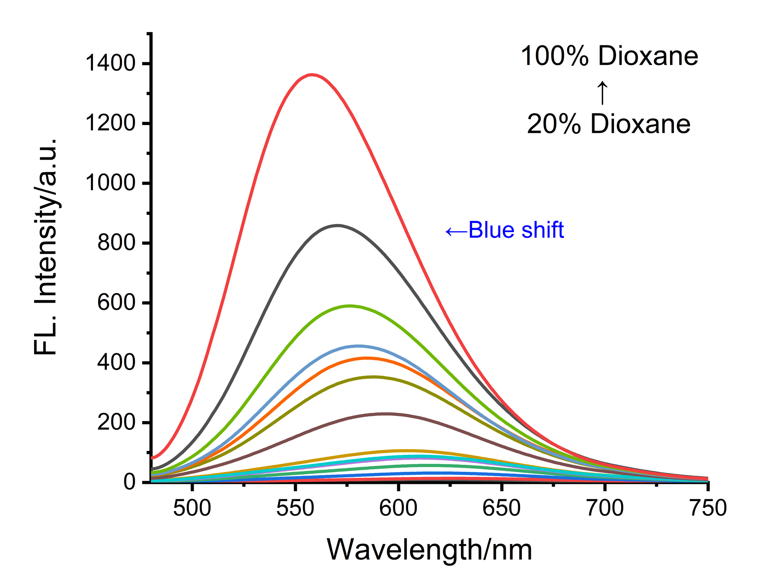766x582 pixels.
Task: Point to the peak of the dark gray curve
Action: tap(337, 225)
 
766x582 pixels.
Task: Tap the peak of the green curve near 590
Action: tap(349, 306)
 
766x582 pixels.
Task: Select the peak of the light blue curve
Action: tap(358, 346)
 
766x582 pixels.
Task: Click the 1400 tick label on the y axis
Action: tap(111, 64)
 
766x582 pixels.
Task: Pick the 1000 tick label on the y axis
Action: tap(111, 183)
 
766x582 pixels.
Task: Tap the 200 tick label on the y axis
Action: tap(117, 422)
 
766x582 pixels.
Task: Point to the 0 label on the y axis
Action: tap(130, 482)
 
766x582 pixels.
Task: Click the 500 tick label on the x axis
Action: tap(192, 508)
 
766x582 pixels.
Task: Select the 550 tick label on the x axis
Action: tap(295, 508)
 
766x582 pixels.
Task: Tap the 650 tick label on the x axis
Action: tap(501, 508)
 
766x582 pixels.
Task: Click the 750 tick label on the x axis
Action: tap(708, 508)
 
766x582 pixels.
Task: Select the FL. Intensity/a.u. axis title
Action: tap(45, 246)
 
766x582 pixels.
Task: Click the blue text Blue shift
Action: tap(516, 230)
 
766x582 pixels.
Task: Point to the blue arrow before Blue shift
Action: tap(456, 232)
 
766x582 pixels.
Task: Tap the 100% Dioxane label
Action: tap(609, 56)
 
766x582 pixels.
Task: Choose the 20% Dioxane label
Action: tap(609, 124)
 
